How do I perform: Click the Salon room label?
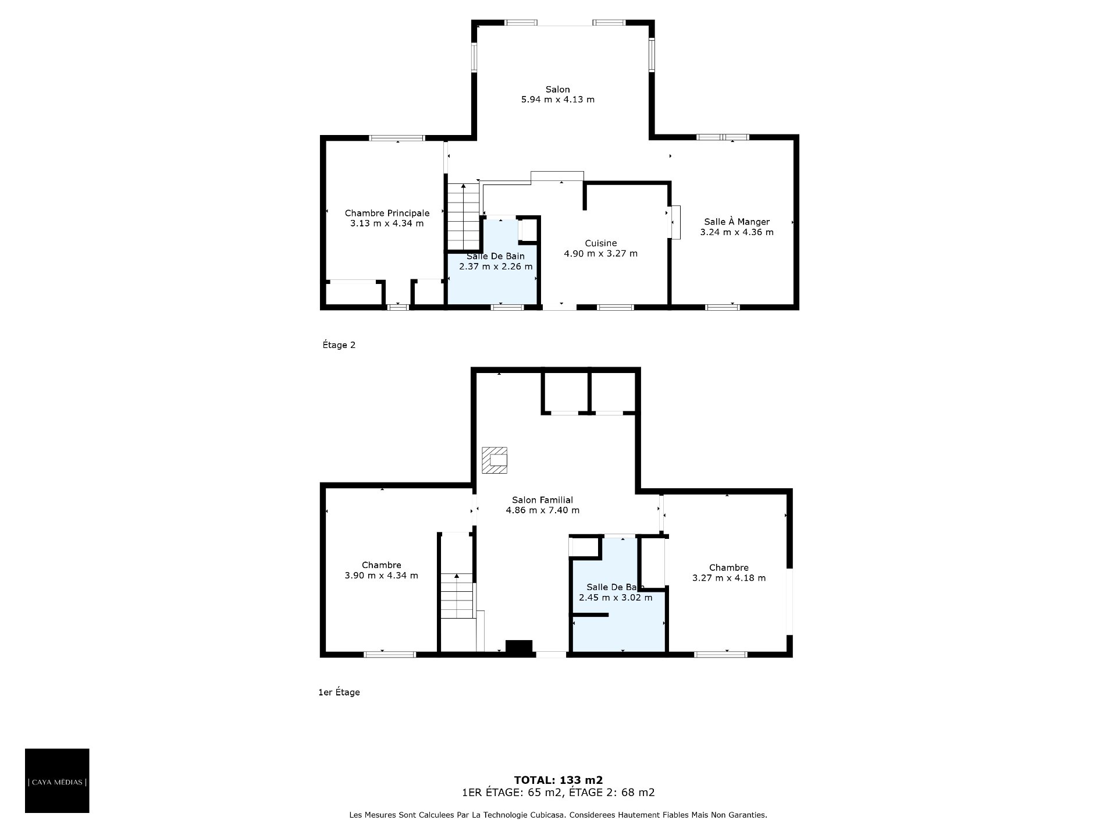tap(557, 90)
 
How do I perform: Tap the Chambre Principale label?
tap(387, 214)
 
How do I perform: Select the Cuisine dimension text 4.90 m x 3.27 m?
tap(601, 254)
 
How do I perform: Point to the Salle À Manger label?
tap(737, 222)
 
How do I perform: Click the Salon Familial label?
tap(542, 500)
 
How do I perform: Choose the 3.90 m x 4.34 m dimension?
tap(382, 576)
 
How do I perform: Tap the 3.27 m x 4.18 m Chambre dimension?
tap(729, 578)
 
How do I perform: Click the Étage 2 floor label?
tap(339, 345)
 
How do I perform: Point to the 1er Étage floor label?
tap(339, 693)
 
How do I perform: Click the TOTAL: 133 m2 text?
tap(558, 780)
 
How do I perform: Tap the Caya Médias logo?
tap(57, 781)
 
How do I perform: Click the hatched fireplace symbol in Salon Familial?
tap(494, 461)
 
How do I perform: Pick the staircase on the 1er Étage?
tap(457, 596)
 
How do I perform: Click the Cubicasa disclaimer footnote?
tap(558, 815)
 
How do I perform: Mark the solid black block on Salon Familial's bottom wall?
tap(519, 647)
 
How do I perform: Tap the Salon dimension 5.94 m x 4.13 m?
tap(558, 100)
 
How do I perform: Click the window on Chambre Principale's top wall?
tap(397, 138)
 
